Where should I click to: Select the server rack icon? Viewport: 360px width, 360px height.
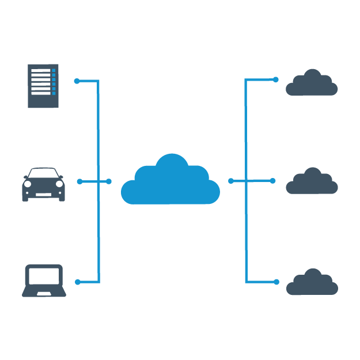coord(43,86)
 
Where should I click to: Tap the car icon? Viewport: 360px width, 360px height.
coord(43,185)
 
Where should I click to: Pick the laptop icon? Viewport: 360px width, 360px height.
coord(44,281)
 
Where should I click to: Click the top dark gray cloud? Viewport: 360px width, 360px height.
coord(312,84)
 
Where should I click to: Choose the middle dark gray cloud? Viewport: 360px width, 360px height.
coord(312,183)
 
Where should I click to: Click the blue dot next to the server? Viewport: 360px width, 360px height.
coord(77,81)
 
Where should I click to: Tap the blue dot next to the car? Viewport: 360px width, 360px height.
coord(79,181)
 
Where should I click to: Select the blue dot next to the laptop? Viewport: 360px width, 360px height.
coord(78,282)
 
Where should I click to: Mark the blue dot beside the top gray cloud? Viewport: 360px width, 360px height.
coord(276,79)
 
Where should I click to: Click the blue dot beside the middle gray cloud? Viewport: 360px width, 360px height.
coord(273,181)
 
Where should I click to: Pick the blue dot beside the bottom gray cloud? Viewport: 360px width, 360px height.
coord(276,282)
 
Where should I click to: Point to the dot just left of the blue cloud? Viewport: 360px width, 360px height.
coord(109,181)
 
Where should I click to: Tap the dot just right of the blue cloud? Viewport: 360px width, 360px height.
coord(231,181)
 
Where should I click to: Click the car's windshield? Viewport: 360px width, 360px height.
coord(43,173)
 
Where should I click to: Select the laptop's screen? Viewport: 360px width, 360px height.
coord(44,276)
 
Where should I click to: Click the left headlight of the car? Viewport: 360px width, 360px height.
coord(28,184)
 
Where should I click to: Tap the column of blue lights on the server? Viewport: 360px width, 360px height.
coord(54,82)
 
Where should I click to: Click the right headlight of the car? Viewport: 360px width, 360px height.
coord(59,184)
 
